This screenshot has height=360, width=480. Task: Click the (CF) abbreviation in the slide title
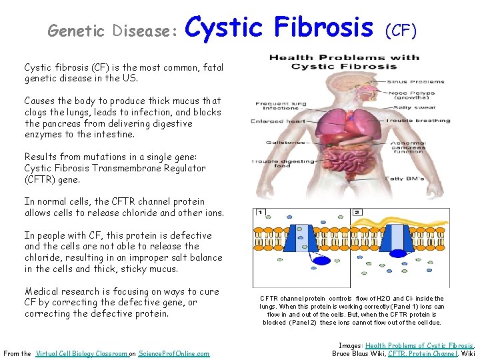[x=401, y=30]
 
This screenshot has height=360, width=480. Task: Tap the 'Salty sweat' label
[x=410, y=107]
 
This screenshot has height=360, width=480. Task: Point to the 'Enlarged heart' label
[x=269, y=121]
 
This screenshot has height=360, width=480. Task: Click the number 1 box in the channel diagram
[x=260, y=213]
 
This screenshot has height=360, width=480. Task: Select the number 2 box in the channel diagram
[x=357, y=213]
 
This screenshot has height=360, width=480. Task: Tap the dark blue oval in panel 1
[x=322, y=261]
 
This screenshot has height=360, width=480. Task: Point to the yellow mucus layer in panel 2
[x=400, y=220]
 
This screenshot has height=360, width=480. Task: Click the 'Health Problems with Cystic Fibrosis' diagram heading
[x=344, y=62]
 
